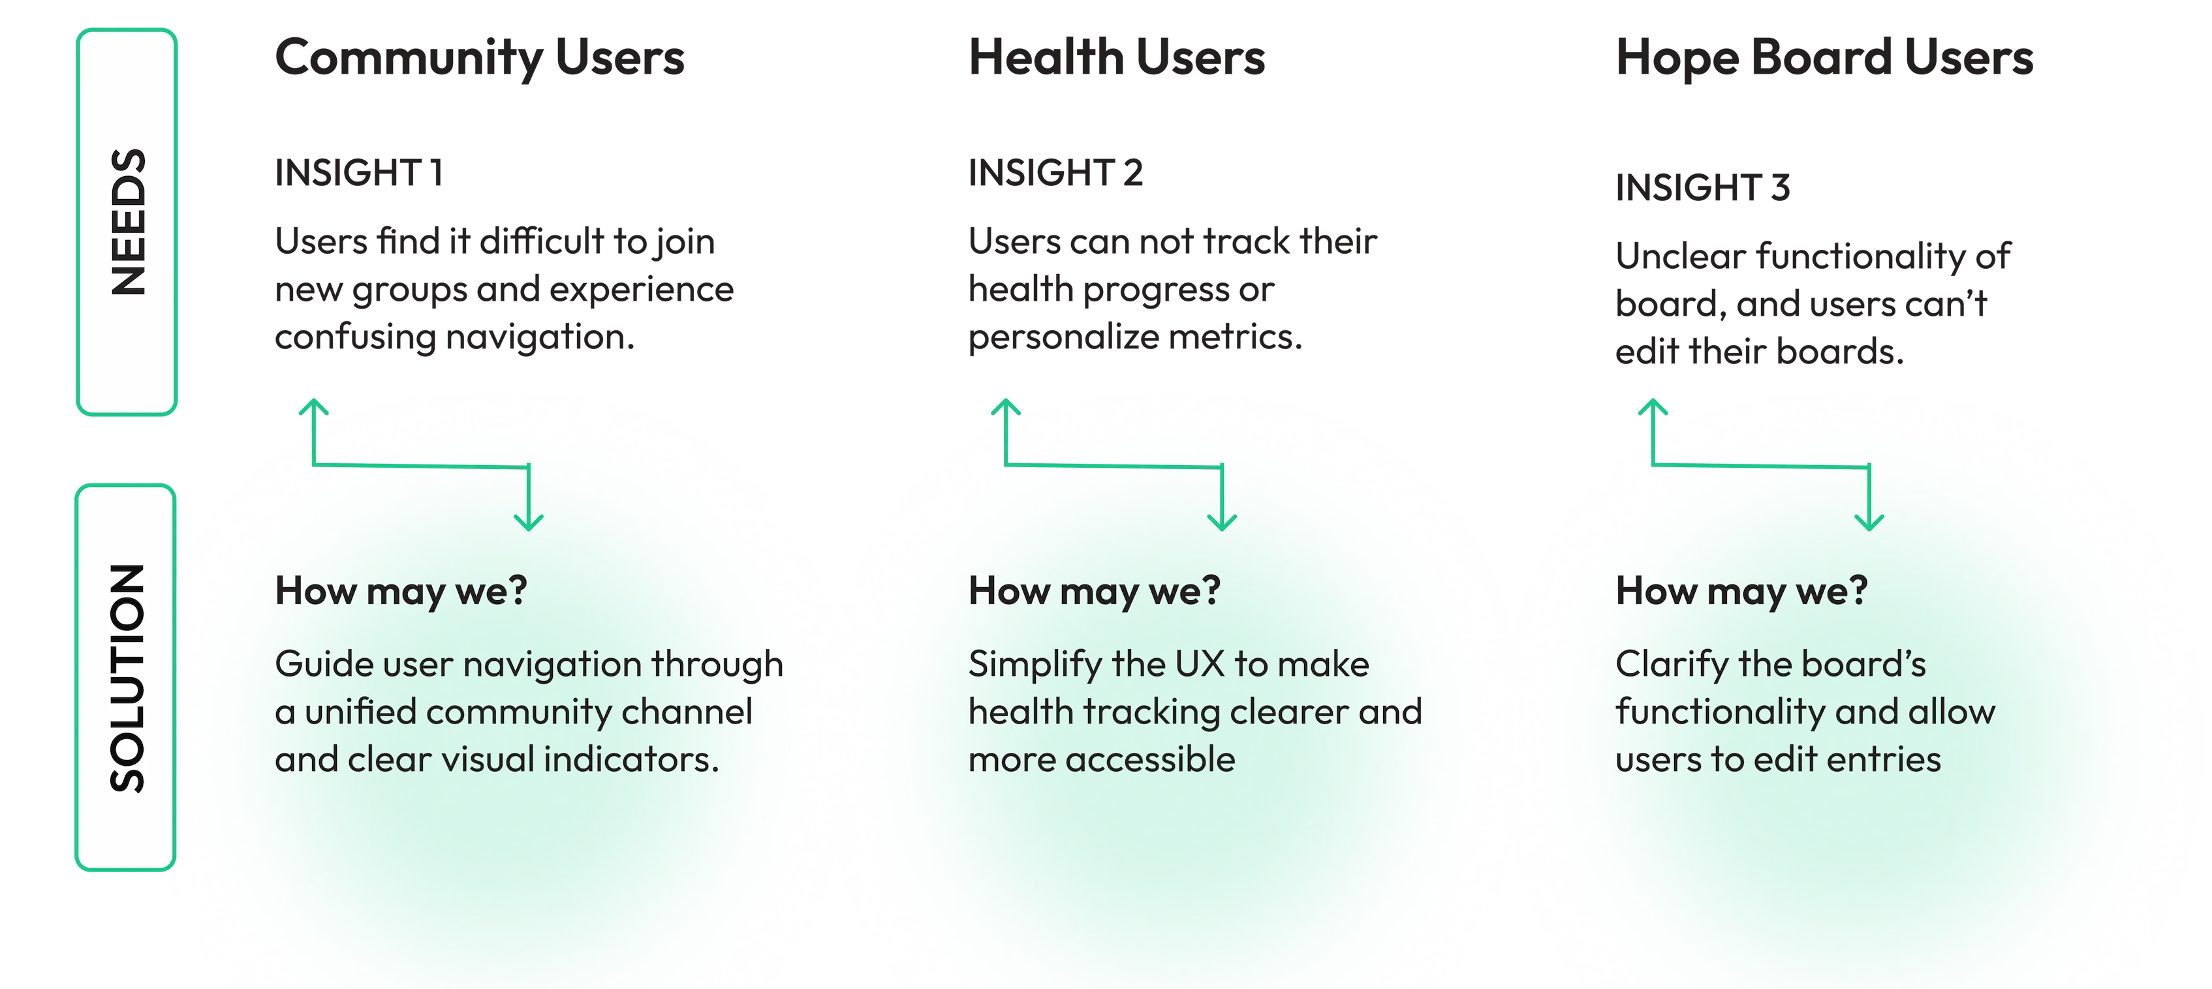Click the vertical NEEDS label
(128, 222)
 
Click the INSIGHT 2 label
(1055, 174)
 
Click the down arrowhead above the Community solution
(528, 521)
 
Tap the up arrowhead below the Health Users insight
(1005, 407)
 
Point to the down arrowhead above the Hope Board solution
(1869, 521)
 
